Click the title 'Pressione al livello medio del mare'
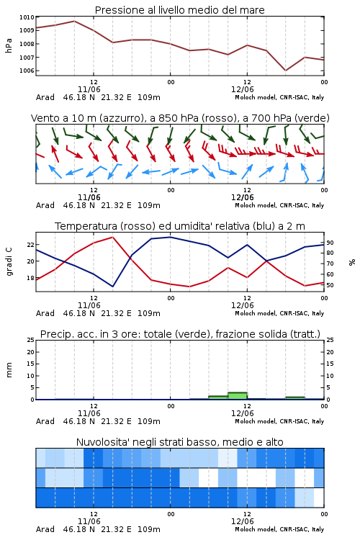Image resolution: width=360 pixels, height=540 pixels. point(179,10)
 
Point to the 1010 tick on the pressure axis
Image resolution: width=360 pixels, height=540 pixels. point(27,17)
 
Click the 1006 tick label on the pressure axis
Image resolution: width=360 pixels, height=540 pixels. point(27,71)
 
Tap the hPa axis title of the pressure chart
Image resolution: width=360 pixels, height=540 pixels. point(9,45)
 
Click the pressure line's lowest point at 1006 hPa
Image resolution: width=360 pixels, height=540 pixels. point(285,71)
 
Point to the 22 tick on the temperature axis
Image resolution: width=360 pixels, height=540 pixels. point(30,245)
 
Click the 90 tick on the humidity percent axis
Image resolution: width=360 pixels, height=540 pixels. point(330,243)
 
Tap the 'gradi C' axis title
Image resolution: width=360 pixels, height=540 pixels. point(9,261)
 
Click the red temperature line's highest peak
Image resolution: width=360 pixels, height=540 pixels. point(112,237)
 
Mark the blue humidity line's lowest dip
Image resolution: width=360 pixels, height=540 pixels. point(112,287)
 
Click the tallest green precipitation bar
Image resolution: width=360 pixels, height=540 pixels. point(238,396)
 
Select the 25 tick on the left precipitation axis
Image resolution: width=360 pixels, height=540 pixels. point(30,340)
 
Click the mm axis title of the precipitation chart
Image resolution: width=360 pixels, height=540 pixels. point(9,370)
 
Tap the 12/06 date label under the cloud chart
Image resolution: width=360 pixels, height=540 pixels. point(242,521)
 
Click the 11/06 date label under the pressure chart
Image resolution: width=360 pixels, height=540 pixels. point(89,89)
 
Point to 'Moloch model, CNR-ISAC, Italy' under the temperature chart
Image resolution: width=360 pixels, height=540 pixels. point(279,313)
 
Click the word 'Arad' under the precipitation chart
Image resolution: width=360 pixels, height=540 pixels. point(45,421)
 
